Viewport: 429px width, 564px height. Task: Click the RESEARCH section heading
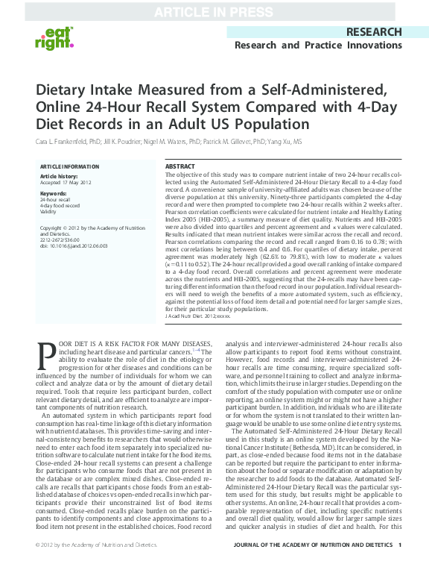coord(373,32)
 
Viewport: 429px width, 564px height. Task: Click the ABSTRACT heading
coord(179,166)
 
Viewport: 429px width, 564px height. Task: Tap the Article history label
coord(57,176)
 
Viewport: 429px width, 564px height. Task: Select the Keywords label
coord(52,193)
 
